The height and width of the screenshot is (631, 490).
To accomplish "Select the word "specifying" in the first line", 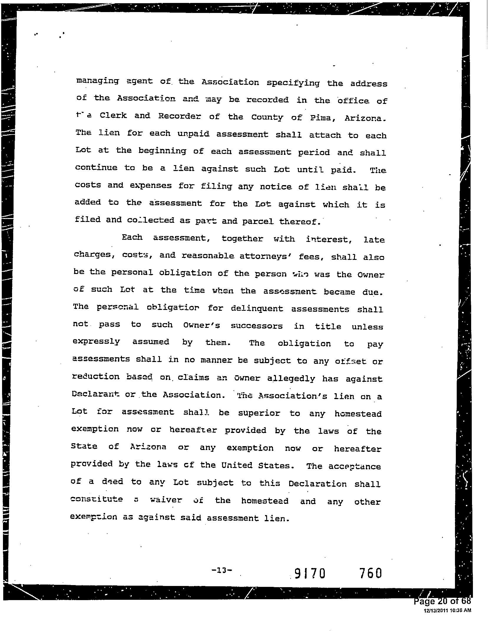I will [x=293, y=83].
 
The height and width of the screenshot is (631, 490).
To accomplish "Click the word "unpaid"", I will [x=193, y=134].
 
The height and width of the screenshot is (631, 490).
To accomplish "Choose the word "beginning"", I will [x=162, y=151].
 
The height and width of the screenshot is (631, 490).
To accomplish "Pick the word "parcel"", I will [x=258, y=221].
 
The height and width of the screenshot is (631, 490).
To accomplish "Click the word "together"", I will [x=242, y=238].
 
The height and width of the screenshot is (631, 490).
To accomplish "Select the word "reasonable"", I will [x=208, y=255].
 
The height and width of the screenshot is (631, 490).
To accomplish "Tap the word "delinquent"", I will [x=257, y=309].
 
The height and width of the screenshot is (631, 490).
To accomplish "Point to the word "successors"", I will [x=256, y=326].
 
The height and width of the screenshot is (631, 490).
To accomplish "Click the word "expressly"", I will [x=96, y=342].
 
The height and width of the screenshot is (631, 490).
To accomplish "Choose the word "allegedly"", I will [x=291, y=379].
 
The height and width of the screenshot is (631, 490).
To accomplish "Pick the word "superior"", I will [x=259, y=413].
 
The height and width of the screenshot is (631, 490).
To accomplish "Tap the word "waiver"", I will [x=166, y=500].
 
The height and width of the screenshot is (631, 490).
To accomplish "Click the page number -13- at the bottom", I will [x=222, y=570].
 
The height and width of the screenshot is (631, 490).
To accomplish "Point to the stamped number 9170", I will [x=310, y=574].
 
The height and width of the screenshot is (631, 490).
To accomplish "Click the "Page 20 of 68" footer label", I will [x=442, y=601].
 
